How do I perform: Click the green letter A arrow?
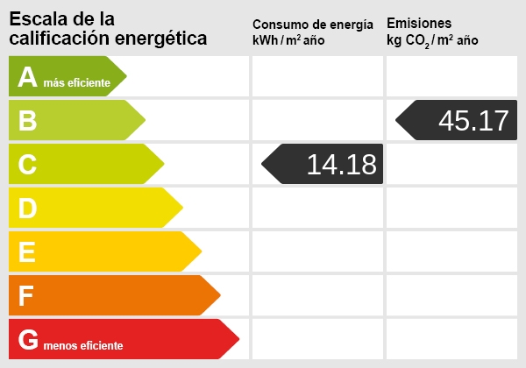[x=66, y=76]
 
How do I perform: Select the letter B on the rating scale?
[x=27, y=121]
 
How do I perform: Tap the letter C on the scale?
[x=27, y=165]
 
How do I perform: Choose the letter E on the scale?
[x=27, y=252]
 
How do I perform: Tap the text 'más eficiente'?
[x=77, y=83]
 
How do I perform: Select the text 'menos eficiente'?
[x=84, y=346]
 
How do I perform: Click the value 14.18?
[x=341, y=164]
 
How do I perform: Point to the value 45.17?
[x=473, y=120]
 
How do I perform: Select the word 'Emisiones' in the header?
[x=419, y=24]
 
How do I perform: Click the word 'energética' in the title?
[x=165, y=38]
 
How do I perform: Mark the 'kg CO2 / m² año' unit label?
[x=433, y=41]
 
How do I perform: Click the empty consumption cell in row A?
[x=317, y=76]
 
